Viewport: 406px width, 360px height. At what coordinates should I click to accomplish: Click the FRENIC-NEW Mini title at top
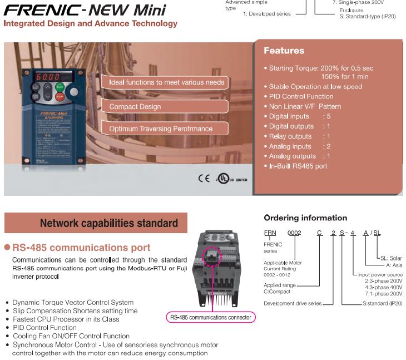85,10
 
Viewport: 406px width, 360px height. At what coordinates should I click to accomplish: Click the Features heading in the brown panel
284,51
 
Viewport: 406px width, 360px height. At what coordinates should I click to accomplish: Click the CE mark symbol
204,179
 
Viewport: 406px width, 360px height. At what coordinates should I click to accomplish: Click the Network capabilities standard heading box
96,223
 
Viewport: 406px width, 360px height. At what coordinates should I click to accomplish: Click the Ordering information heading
305,218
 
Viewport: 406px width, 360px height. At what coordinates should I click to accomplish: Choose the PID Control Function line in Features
301,96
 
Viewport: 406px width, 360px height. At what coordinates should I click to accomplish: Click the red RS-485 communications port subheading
81,248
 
